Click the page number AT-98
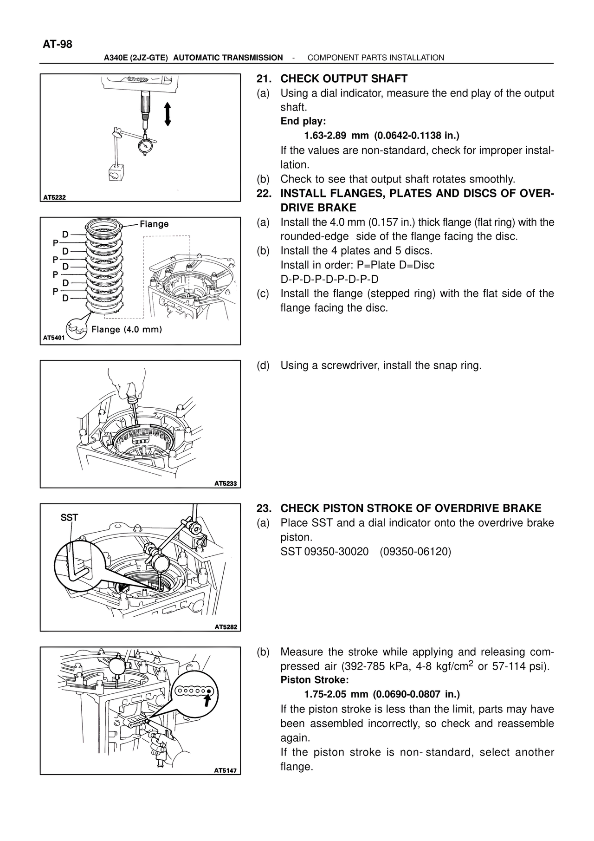58,44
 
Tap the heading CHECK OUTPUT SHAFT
344,78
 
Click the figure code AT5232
54,197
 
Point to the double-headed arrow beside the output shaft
168,114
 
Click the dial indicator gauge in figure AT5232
146,145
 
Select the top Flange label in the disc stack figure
154,224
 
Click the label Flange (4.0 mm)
127,330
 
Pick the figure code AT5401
54,339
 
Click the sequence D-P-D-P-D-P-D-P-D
329,279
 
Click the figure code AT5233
226,483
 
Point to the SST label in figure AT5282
70,517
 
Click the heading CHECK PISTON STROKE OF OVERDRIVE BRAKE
411,508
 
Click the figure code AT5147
226,770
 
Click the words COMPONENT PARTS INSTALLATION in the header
376,58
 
